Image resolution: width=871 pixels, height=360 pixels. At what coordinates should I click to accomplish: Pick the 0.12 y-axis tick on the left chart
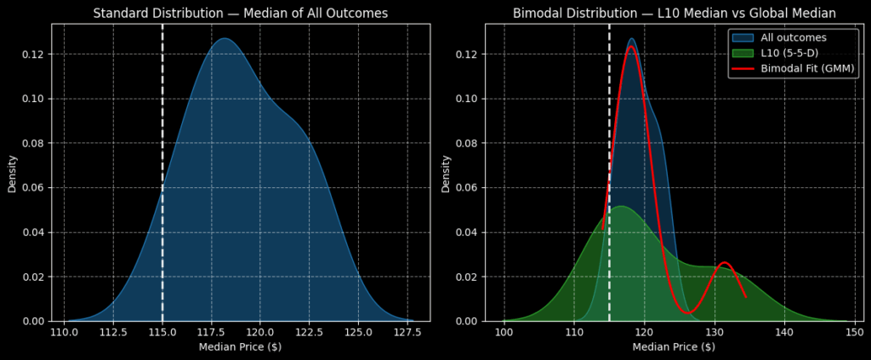(33, 54)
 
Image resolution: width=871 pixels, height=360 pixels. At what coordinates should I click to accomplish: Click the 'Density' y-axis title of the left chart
(12, 172)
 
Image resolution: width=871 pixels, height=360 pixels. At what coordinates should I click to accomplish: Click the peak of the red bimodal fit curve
(631, 46)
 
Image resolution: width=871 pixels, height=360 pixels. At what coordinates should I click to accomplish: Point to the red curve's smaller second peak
(724, 263)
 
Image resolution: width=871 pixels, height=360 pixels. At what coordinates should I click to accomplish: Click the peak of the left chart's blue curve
(224, 38)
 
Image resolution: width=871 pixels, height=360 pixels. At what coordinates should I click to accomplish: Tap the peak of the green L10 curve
(620, 206)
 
